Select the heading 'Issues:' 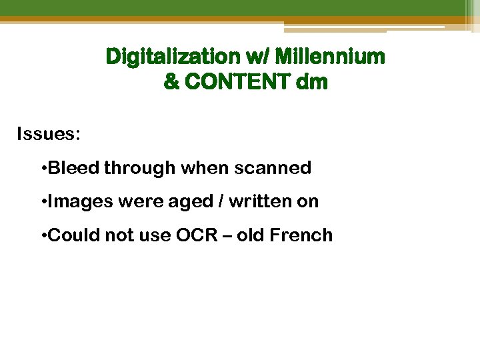point(49,135)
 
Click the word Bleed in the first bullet point(74,168)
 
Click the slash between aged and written point(223,201)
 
